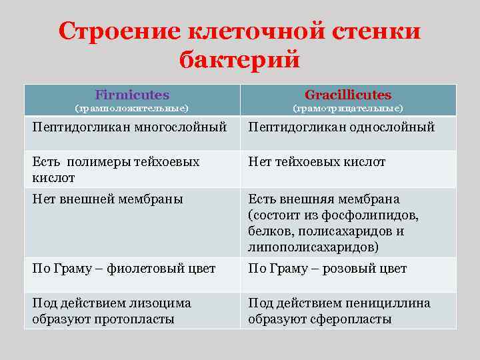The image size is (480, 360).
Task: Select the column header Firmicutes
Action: (x=131, y=95)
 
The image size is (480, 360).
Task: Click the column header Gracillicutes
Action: (x=347, y=95)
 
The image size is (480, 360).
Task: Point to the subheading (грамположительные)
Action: (x=131, y=107)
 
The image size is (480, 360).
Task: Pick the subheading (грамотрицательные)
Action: (x=348, y=107)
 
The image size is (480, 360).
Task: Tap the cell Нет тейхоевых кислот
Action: (x=317, y=162)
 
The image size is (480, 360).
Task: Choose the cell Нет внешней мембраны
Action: (x=107, y=199)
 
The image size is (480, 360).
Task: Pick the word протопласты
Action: (x=136, y=319)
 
